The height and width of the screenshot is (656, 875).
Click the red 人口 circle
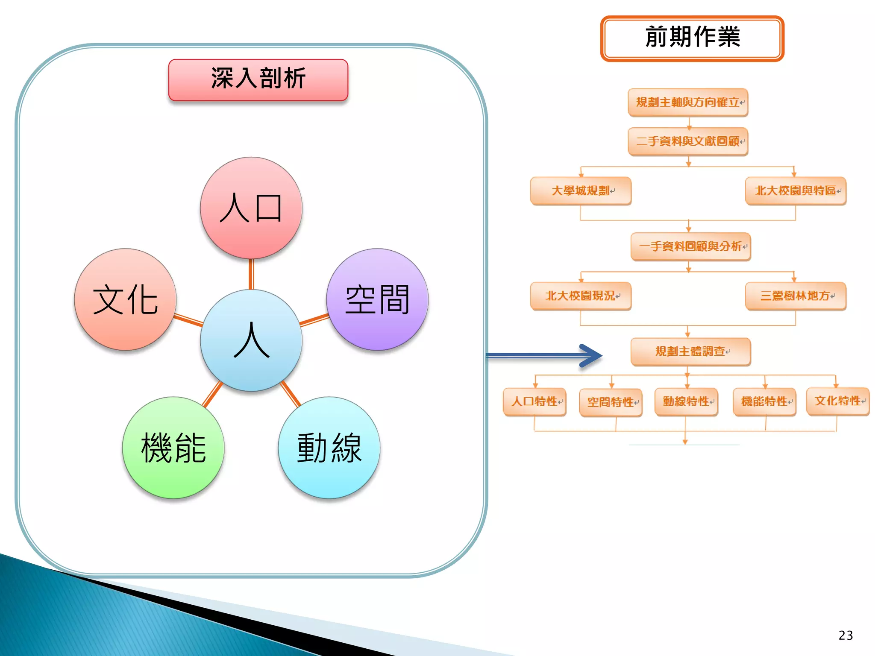click(251, 208)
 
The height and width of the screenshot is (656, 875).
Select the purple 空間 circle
click(377, 299)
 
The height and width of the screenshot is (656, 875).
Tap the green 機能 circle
click(173, 448)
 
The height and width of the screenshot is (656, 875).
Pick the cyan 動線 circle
click(329, 448)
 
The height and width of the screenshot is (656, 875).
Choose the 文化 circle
click(125, 299)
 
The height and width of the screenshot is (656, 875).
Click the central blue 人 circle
click(251, 340)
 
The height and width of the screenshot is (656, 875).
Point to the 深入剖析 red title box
click(258, 80)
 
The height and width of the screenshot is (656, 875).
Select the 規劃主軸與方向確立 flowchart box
click(688, 102)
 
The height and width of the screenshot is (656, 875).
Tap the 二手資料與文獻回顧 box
click(688, 141)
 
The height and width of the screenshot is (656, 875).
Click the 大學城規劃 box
click(581, 191)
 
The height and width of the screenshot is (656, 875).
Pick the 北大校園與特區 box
click(796, 191)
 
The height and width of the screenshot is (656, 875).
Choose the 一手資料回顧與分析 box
click(690, 246)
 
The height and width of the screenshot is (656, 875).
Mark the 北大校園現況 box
click(581, 296)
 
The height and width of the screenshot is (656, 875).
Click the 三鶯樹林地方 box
click(796, 296)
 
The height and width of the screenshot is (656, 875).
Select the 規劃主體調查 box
click(690, 351)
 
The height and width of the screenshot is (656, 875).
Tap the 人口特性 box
click(534, 402)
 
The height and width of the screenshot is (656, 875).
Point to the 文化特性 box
click(838, 401)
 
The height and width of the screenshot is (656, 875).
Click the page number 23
click(846, 635)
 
